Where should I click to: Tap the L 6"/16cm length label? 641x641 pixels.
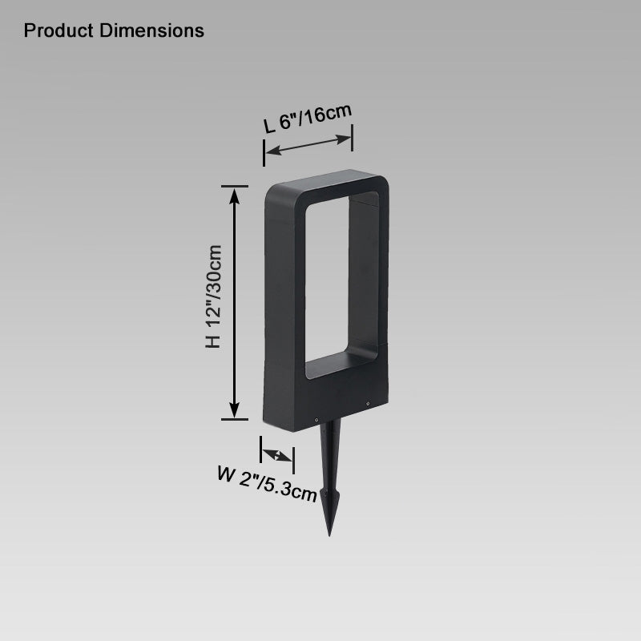pos(308,119)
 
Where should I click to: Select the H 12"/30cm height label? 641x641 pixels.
pos(212,296)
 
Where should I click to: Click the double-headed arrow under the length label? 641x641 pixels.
pos(308,145)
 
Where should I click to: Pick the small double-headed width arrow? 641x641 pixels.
pos(277,455)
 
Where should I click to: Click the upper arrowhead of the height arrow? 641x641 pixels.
pos(234,197)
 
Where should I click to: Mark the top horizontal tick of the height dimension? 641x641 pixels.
pos(234,186)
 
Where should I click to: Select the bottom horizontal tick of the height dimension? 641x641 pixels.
pos(234,418)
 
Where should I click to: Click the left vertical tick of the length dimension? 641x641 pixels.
pos(264,151)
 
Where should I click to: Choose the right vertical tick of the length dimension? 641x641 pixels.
pos(352,138)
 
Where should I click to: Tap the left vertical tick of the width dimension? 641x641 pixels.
pos(261,448)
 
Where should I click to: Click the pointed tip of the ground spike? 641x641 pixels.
pos(329,533)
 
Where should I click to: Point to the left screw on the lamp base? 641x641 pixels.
pos(316,418)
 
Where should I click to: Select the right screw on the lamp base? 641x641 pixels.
pos(368,404)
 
